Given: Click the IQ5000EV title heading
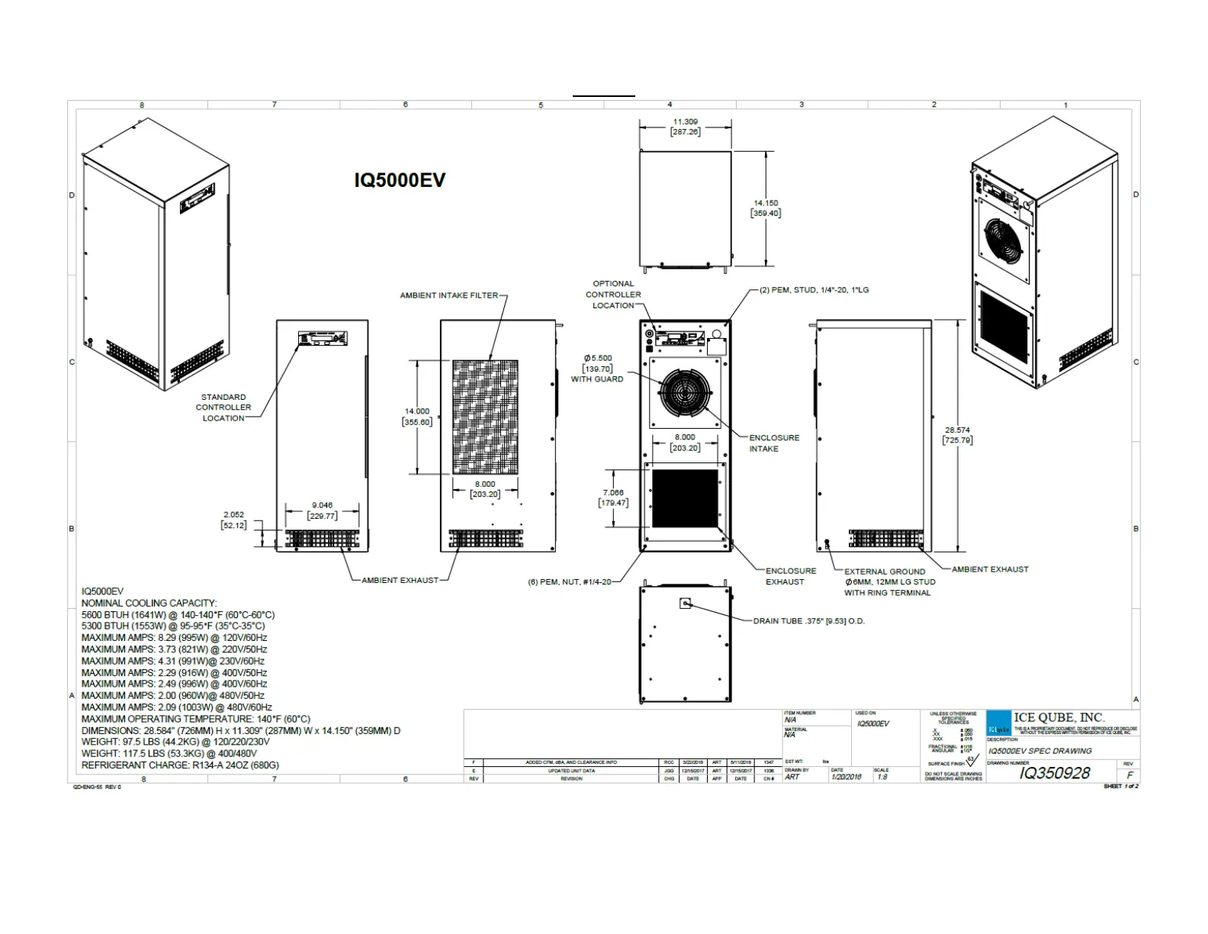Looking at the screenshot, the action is point(399,180).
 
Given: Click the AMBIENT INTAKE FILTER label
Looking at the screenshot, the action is point(448,295).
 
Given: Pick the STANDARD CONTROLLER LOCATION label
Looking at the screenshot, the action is point(223,407).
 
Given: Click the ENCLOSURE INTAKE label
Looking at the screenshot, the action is point(773,443).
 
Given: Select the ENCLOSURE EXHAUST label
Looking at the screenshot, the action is point(790,576).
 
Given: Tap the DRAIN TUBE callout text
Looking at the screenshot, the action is point(808,621).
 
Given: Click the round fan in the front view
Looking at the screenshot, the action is point(685,393).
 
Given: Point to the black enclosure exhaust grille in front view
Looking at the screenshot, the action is point(685,498).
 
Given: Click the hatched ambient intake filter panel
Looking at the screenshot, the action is point(485,417).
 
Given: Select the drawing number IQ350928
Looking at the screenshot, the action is point(1055,773).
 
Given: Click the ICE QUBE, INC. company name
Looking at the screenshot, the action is point(1059,717).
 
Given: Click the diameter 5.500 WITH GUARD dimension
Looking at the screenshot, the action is point(598,368).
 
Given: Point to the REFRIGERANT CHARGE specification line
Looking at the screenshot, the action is point(180,765).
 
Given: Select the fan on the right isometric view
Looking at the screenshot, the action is point(1004,239).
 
